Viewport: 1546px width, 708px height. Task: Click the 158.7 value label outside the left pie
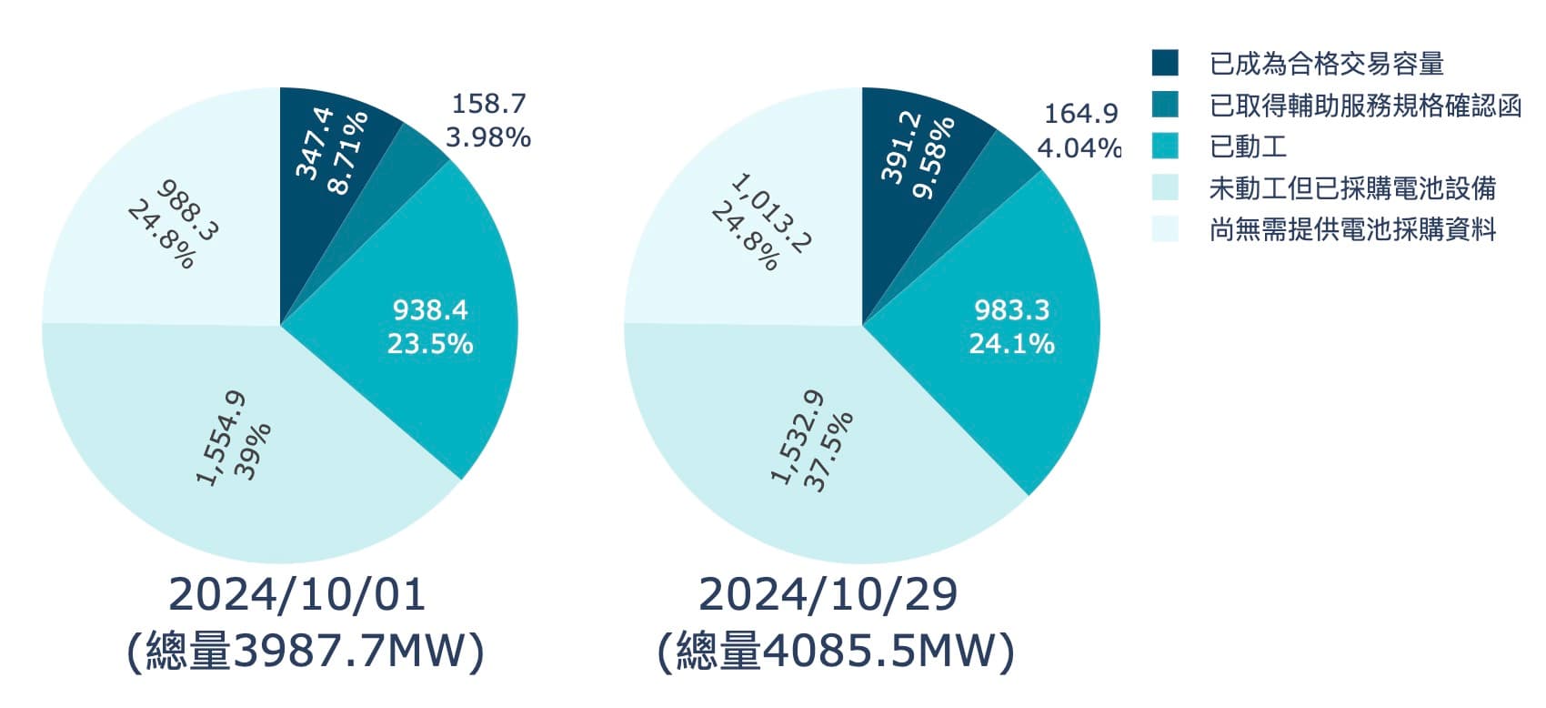click(488, 104)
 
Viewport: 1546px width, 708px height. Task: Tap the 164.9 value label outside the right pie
click(1080, 114)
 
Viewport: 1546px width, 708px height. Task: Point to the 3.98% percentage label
click(488, 137)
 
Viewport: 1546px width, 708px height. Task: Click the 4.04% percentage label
click(1079, 147)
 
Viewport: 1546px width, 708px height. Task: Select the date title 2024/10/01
click(296, 594)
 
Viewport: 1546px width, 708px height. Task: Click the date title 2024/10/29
click(828, 594)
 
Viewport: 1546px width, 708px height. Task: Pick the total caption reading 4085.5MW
click(835, 652)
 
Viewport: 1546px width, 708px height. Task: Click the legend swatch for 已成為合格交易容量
click(1165, 63)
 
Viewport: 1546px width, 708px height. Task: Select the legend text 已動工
click(1248, 147)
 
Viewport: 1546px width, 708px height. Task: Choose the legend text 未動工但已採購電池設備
click(1352, 188)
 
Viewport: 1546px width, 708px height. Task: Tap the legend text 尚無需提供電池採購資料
click(1352, 229)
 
